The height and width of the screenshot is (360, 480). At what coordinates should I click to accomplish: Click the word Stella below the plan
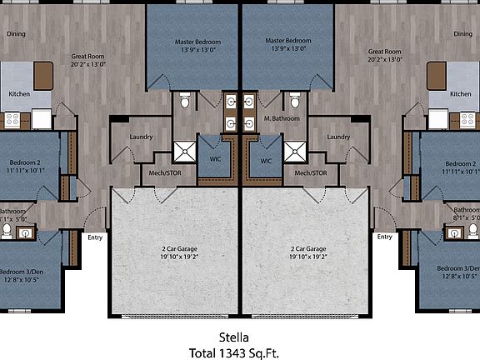tap(240, 337)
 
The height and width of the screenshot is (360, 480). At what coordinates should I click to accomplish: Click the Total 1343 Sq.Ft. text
tap(240, 352)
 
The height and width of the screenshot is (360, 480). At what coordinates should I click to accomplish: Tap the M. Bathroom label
tap(282, 118)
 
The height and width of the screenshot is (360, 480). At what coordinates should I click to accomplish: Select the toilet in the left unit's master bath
tap(185, 102)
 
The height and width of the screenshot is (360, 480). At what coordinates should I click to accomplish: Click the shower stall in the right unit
tap(296, 152)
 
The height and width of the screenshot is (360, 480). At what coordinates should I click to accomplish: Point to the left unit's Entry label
tap(96, 237)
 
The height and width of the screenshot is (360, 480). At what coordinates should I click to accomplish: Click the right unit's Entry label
tap(384, 237)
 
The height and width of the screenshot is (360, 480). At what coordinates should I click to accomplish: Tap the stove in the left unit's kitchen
tap(12, 120)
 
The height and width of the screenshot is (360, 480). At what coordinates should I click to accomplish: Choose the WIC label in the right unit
tap(266, 161)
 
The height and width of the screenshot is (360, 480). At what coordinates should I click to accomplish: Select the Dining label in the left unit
tap(16, 34)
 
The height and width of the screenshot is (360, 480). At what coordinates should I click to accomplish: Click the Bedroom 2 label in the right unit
tap(460, 163)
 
